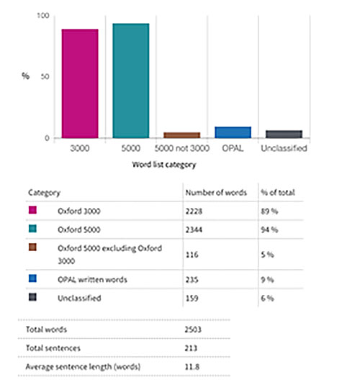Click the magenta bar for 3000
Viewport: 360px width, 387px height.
point(80,83)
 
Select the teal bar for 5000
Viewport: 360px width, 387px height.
point(131,81)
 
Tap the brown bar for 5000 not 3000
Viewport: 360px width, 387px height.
point(182,135)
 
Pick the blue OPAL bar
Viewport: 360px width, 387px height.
point(233,132)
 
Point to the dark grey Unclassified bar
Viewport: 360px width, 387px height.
point(284,134)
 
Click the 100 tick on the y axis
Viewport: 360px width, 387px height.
point(43,16)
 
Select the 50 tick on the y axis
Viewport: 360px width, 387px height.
point(45,76)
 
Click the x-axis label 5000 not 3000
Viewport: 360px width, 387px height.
point(182,148)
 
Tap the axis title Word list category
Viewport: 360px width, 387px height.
point(164,165)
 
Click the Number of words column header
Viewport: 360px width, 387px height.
point(216,193)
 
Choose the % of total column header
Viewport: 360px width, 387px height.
point(278,193)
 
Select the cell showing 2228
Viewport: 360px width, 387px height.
point(194,211)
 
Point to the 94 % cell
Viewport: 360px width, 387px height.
point(269,229)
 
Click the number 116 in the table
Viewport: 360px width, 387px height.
point(192,255)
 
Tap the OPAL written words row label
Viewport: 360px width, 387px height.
point(92,280)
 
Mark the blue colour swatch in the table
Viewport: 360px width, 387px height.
point(32,278)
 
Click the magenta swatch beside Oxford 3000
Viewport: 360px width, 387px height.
point(32,210)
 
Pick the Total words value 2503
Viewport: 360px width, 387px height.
point(193,329)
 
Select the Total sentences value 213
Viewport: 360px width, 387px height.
point(191,348)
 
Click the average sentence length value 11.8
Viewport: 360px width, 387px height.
point(192,367)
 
